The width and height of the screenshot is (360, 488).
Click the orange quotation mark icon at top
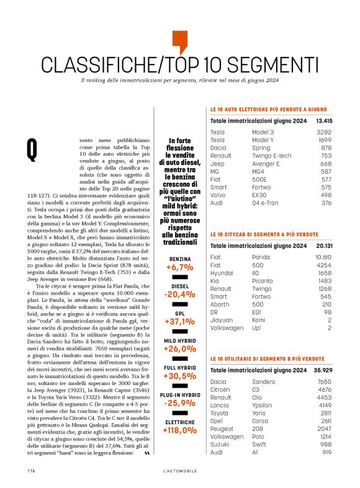coord(179,41)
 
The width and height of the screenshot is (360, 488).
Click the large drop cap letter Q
coord(32,148)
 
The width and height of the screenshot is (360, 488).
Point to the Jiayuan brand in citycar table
coord(222,321)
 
